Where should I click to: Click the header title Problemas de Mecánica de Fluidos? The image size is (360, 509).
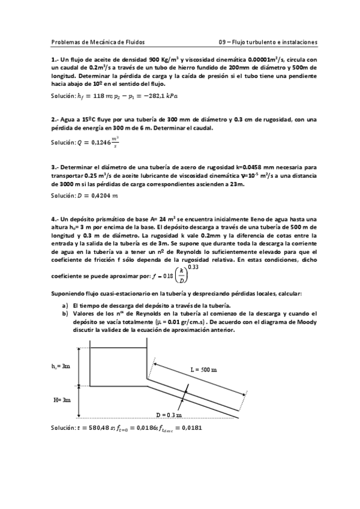[x=98, y=42]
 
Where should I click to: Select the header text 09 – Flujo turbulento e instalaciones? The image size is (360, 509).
[x=268, y=42]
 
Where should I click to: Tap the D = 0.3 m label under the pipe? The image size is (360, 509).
[x=169, y=415]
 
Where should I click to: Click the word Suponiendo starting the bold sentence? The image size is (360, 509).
[x=71, y=293]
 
